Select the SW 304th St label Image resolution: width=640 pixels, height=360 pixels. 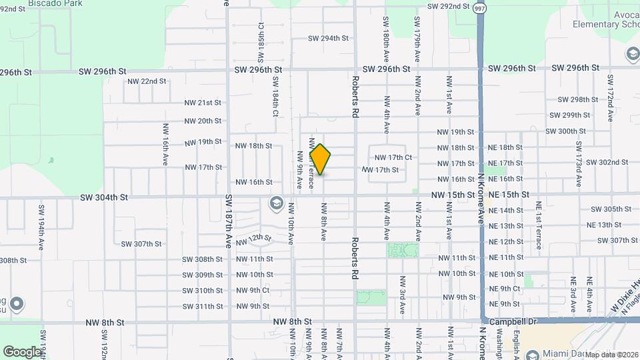coord(103,197)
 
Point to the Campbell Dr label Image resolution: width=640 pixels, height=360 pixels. coord(513,321)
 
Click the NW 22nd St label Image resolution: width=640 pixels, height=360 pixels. coord(146,81)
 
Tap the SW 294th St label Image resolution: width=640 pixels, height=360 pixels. coord(328,38)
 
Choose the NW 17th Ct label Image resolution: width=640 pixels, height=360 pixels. coord(393,157)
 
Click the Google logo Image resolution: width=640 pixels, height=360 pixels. coord(22,351)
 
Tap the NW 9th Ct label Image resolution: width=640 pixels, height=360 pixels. coord(253,291)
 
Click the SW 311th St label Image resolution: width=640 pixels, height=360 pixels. coord(203,307)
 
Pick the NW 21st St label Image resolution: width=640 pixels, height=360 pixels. coord(203,103)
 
